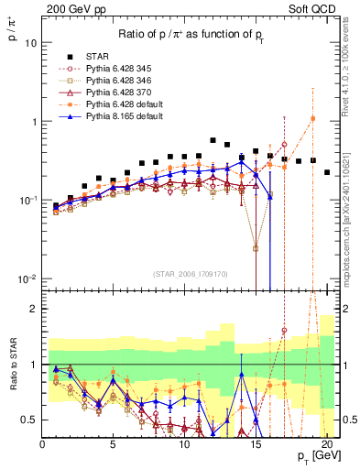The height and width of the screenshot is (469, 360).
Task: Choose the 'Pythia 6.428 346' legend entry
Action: (112, 80)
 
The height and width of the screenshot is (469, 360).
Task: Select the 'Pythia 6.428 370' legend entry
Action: (112, 93)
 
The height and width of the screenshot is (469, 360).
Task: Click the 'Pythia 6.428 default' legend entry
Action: (116, 105)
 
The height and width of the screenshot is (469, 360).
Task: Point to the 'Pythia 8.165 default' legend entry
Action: (116, 118)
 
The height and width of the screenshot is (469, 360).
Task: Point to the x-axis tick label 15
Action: (255, 445)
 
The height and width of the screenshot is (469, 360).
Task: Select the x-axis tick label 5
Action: (113, 445)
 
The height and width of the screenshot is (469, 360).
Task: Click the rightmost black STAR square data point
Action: (327, 171)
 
